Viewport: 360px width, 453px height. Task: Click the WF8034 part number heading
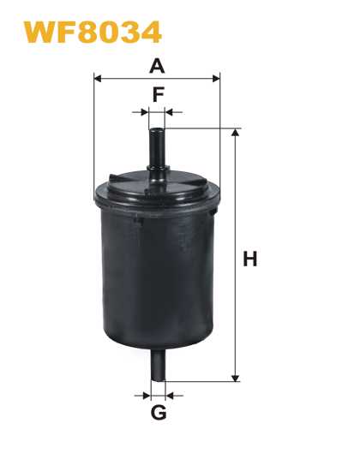[93, 32]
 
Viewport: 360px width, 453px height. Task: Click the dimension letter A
[157, 66]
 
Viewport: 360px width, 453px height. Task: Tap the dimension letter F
[159, 94]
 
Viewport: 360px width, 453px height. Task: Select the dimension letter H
[250, 259]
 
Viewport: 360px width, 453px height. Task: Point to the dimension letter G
[159, 413]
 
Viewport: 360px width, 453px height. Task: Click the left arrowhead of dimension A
[98, 78]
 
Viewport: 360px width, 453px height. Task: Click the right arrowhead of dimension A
[216, 78]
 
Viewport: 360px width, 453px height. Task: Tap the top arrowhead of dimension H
[236, 133]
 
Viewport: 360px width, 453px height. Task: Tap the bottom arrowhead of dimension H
[236, 378]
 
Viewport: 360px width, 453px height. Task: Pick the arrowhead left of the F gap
[145, 112]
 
